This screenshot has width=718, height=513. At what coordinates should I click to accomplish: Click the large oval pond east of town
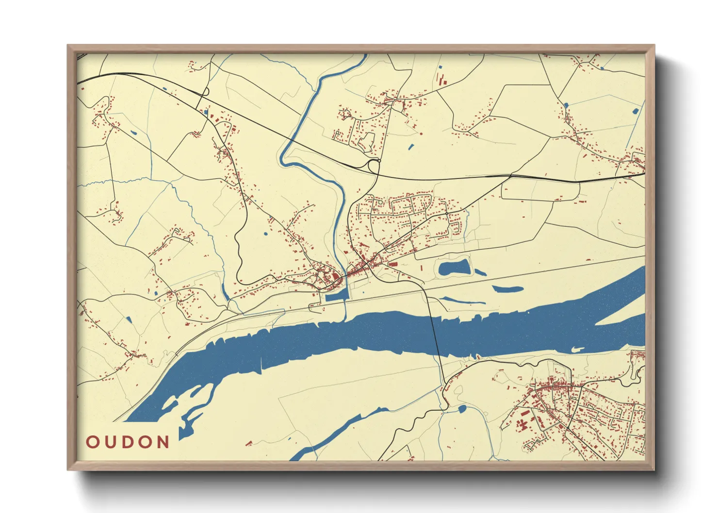[x=454, y=268]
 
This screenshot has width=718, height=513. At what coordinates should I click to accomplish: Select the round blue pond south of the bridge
[x=462, y=409]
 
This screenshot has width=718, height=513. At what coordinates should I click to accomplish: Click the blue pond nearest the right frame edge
[x=636, y=111]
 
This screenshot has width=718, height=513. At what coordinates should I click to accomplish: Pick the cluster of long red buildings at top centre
[x=441, y=80]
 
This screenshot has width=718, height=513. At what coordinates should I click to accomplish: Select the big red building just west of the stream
[x=336, y=277]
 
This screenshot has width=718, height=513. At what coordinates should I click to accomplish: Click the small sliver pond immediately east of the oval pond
[x=479, y=273]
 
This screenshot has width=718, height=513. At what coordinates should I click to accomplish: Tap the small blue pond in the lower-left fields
[x=129, y=320]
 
